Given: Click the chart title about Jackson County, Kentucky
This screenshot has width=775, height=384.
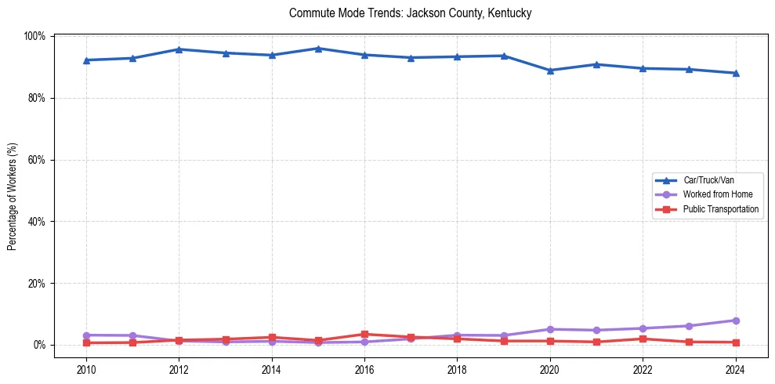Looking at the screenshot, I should (x=410, y=13).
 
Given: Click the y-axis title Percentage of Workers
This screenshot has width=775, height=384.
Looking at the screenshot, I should (x=13, y=197).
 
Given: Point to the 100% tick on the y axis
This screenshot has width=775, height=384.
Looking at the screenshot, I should (x=36, y=37).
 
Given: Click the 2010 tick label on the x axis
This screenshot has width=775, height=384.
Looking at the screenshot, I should (x=86, y=370).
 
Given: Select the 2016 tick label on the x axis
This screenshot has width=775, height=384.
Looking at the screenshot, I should (x=364, y=370).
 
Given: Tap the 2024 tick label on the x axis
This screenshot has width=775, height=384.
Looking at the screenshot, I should (x=735, y=370).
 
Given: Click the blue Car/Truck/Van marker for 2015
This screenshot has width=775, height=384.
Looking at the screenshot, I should (x=318, y=49).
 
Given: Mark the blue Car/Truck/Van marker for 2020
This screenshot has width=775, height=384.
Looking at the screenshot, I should (x=550, y=71).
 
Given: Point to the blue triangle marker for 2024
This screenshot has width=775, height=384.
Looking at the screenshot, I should (x=735, y=73).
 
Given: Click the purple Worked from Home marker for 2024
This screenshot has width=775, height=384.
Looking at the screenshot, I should (x=735, y=321).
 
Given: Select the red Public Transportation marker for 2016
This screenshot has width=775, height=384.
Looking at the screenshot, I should (x=364, y=334).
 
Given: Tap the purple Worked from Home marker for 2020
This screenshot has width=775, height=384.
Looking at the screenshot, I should (x=550, y=329).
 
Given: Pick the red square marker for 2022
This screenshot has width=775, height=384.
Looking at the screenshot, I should (x=643, y=339).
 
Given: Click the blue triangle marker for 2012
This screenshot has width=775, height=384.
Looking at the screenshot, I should (x=179, y=49).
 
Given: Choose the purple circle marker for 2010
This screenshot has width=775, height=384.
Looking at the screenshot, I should (x=86, y=335).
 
